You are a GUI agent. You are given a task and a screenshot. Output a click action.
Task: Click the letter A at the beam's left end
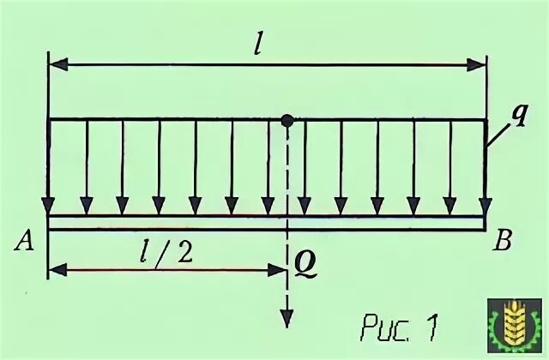tap(24, 243)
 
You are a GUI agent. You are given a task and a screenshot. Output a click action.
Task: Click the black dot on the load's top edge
tap(287, 121)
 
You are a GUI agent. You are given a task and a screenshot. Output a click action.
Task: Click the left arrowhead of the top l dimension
tap(56, 64)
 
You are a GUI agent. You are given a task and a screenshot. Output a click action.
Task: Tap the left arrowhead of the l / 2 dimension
tap(56, 270)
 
